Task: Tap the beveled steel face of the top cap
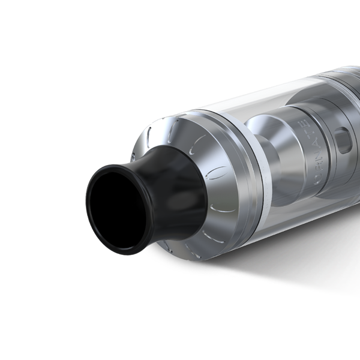[x=198, y=150]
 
